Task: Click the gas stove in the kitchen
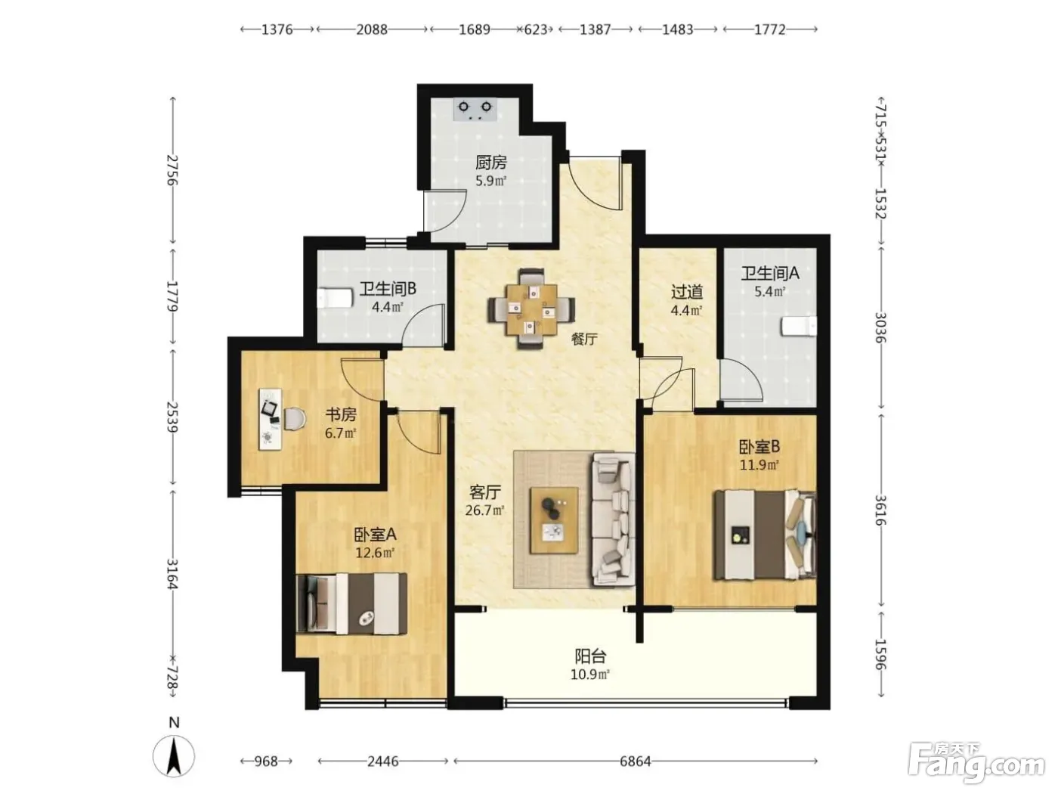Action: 475,110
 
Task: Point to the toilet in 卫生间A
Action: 798,326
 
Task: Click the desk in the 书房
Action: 270,419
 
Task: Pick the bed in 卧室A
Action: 351,603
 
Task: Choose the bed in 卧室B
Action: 765,534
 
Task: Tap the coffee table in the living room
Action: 554,520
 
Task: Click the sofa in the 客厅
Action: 613,519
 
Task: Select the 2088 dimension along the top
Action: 372,29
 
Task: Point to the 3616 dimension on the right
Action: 880,510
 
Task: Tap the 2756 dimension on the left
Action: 172,169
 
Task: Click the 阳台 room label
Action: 590,656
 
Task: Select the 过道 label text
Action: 687,292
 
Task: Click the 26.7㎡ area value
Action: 485,510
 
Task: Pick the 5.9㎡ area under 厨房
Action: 490,181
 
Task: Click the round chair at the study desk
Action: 295,418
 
